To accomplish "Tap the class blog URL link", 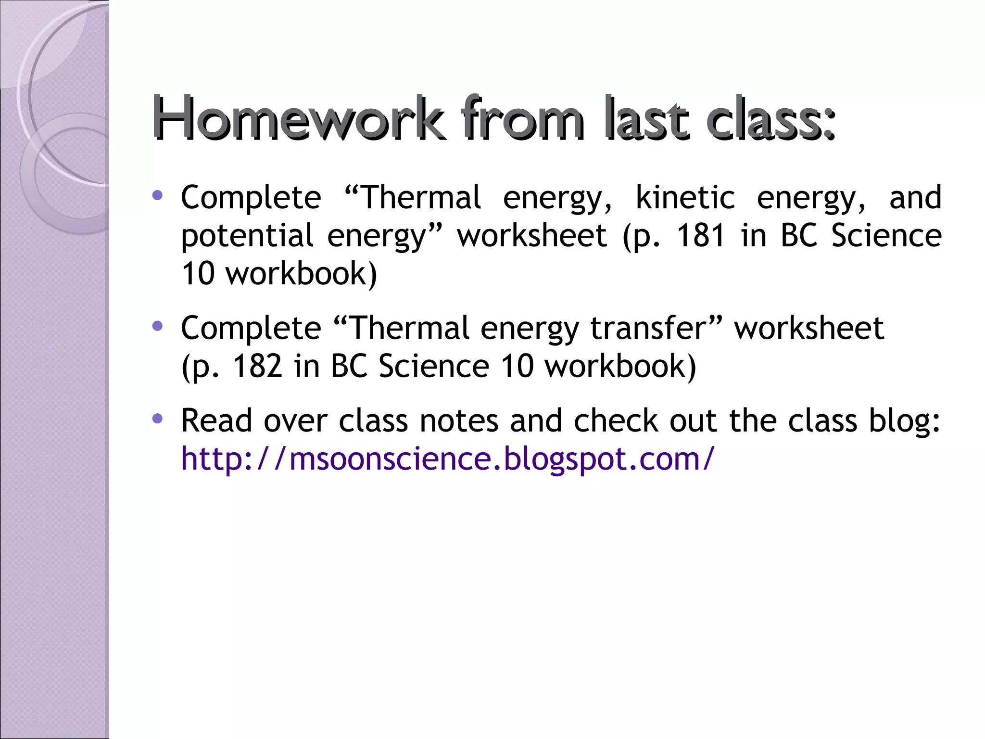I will [x=447, y=459].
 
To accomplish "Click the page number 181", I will [x=701, y=236].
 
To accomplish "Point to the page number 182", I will [x=257, y=366].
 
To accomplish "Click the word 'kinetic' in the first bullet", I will [x=685, y=198].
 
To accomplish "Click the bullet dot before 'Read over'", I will [x=157, y=419].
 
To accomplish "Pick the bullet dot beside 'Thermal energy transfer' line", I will [x=157, y=326].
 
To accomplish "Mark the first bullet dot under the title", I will [x=157, y=195].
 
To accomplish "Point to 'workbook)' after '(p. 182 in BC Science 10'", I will [x=620, y=366].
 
